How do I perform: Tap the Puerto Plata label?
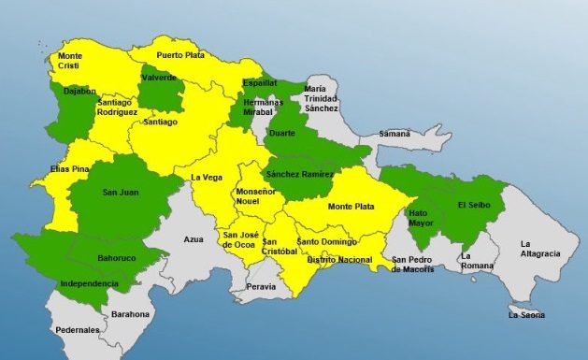coord(181,54)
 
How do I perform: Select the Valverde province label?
coord(159,79)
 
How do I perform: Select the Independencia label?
coord(89,283)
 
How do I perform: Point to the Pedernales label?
coord(77,330)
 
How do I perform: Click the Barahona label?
coord(130,315)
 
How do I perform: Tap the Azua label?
coord(194,239)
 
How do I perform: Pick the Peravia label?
coord(262,287)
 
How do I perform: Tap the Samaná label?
coord(394,135)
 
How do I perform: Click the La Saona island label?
coord(526,315)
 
